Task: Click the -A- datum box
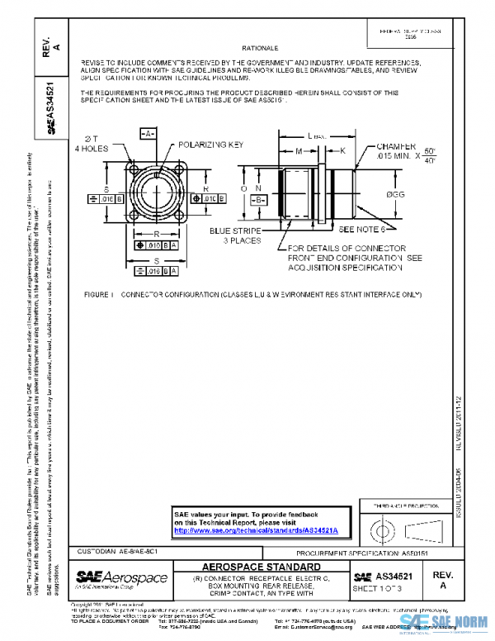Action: [146, 132]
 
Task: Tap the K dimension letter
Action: [342, 152]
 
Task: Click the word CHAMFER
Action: [379, 144]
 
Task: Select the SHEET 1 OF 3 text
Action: [377, 590]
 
